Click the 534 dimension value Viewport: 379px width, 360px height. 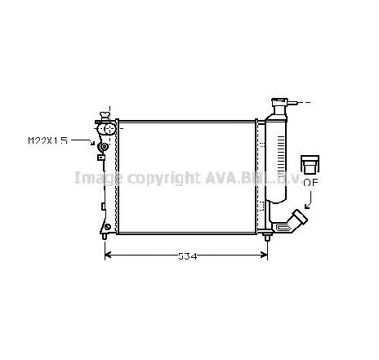click(x=188, y=256)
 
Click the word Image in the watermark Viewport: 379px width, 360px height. click(x=93, y=177)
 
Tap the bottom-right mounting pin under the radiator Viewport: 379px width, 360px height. click(x=269, y=238)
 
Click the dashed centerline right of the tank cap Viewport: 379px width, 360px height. click(x=305, y=103)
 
